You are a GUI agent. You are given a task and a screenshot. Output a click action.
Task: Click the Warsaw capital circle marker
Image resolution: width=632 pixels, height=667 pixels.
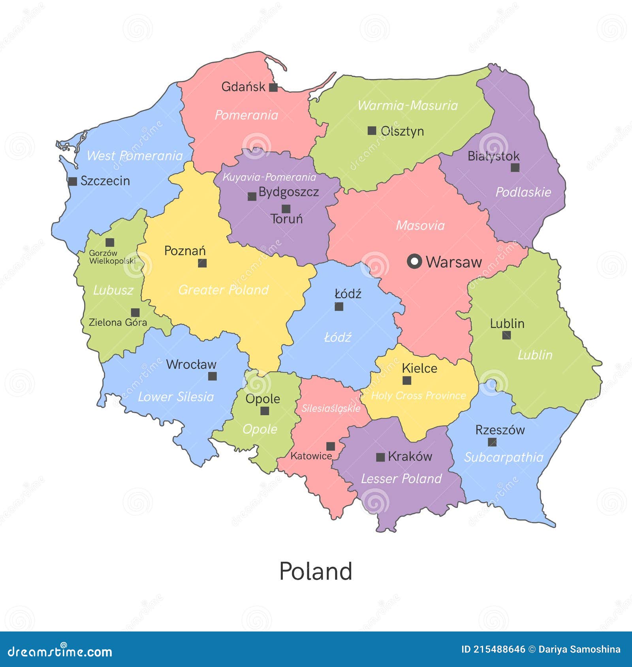tap(414, 261)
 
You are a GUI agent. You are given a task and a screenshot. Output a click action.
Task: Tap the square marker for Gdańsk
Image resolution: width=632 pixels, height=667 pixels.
tap(273, 88)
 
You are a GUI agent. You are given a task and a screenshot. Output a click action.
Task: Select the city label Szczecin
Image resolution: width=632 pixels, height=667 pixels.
tap(105, 181)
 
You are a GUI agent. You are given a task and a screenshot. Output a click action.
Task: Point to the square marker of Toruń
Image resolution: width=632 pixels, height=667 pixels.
tap(286, 209)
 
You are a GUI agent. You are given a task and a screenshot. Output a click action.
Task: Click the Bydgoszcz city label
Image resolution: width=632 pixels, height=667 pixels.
tap(288, 192)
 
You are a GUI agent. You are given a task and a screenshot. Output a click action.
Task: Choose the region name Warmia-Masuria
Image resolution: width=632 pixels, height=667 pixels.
tap(407, 105)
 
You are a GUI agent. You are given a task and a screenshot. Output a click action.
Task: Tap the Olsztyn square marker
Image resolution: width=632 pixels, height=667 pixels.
tap(372, 131)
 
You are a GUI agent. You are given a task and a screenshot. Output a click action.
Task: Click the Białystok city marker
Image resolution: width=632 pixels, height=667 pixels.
tap(515, 168)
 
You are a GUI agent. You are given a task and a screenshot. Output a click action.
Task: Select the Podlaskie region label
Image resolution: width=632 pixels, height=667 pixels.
tap(523, 192)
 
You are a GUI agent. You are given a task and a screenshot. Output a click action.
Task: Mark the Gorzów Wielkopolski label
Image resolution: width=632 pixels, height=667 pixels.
tap(112, 257)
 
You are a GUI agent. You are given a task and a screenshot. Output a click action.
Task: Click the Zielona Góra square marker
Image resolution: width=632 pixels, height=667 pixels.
tap(135, 312)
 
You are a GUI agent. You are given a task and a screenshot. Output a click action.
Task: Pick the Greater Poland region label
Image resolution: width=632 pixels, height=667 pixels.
tap(223, 290)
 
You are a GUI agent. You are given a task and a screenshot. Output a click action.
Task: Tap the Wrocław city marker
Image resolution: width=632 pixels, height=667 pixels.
tap(213, 376)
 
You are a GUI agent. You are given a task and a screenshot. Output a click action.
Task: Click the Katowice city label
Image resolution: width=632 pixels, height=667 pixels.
tap(311, 456)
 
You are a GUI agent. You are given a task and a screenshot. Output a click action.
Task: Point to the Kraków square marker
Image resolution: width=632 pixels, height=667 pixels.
tap(380, 457)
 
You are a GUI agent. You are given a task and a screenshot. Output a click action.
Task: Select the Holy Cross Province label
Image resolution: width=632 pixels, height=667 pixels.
tap(418, 395)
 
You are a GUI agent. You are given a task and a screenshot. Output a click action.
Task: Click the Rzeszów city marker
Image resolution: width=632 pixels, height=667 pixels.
tap(492, 442)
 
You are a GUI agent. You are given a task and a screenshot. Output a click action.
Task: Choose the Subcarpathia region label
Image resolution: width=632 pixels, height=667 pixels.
tap(504, 457)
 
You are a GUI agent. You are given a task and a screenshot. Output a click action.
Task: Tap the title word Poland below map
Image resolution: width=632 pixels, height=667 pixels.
tap(316, 571)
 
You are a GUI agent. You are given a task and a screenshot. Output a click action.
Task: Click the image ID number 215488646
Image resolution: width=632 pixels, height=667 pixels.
tap(499, 650)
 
